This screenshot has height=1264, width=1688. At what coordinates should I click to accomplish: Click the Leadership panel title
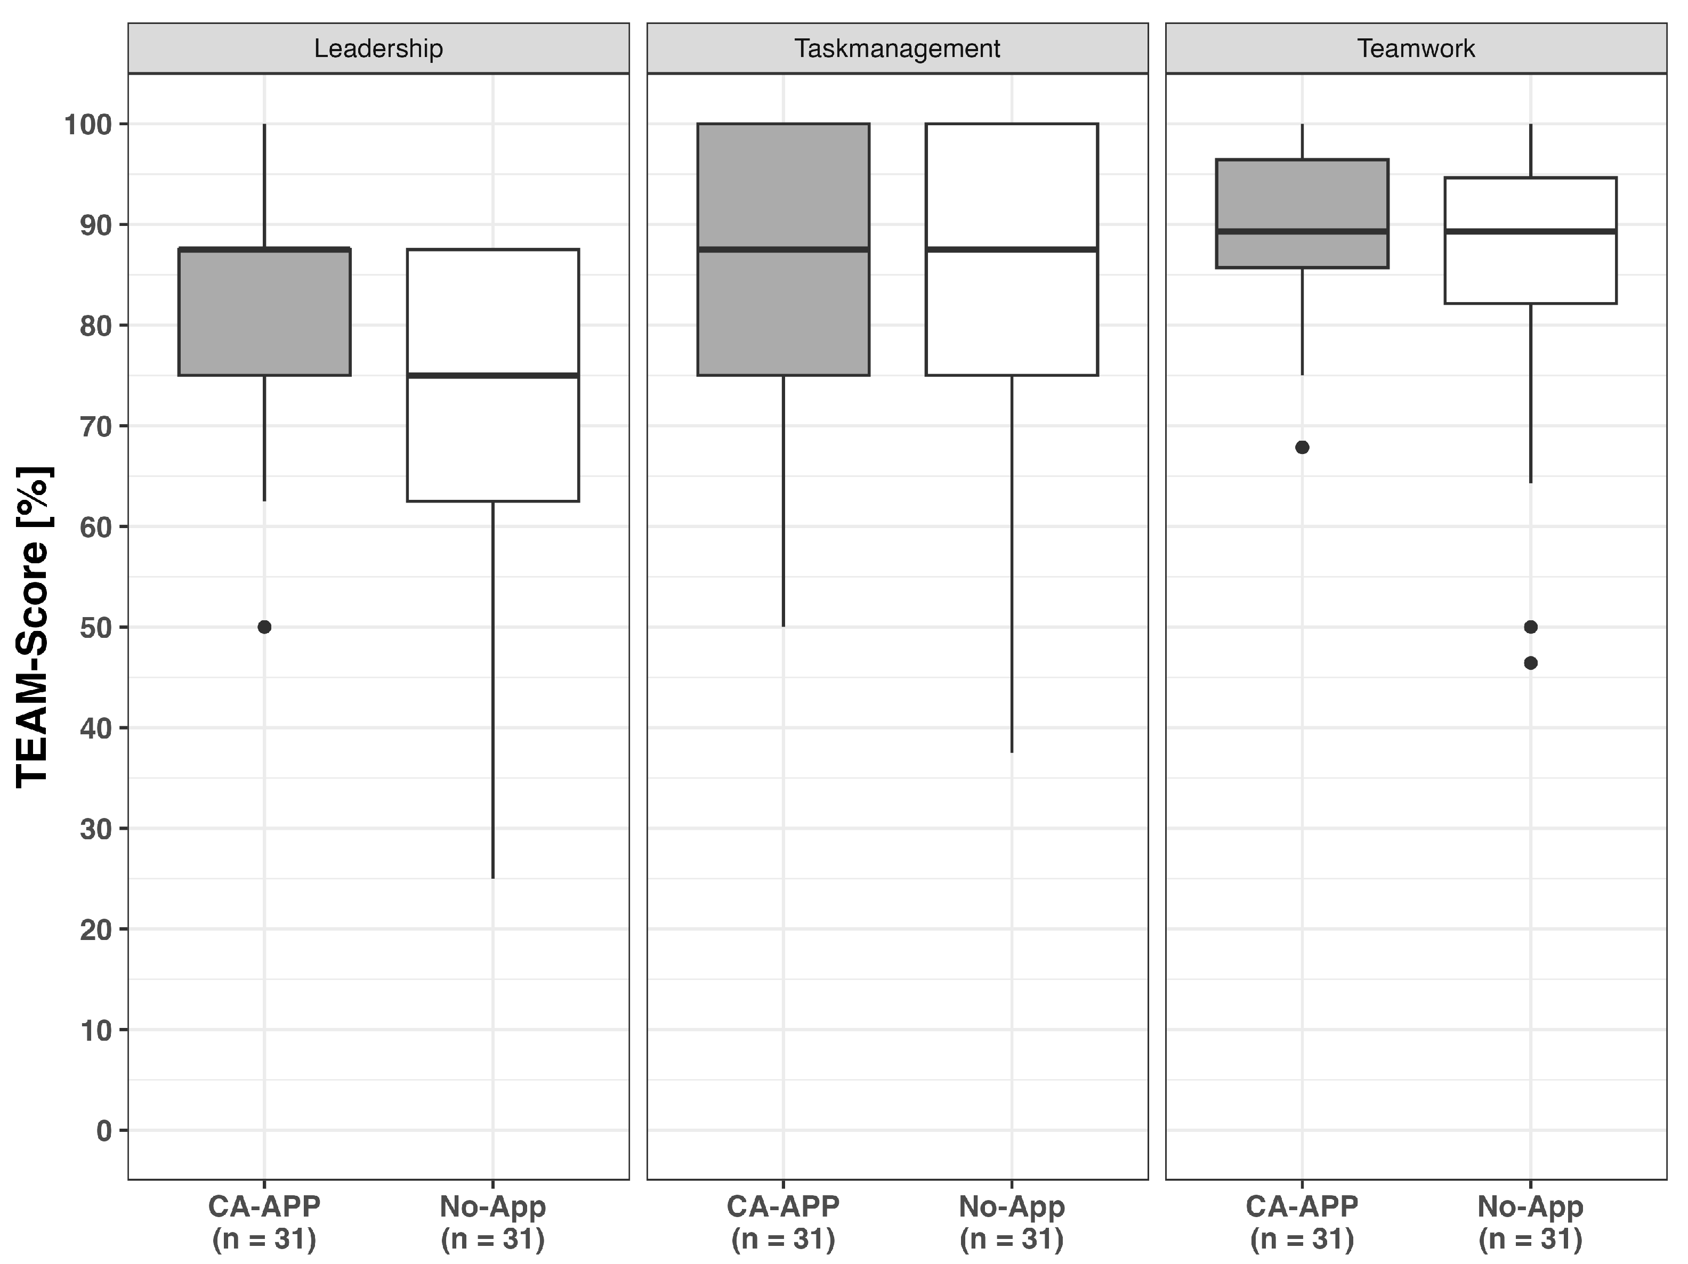point(378,49)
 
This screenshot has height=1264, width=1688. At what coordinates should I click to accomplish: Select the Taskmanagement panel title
point(898,49)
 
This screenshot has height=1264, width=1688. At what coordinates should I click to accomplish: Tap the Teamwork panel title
point(1416,49)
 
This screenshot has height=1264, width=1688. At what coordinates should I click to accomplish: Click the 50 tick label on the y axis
point(98,627)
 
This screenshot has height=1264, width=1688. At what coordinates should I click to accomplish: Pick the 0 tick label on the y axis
point(104,1130)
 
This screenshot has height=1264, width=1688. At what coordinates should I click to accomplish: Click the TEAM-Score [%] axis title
point(34,626)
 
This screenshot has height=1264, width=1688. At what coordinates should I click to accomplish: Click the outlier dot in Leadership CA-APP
point(264,627)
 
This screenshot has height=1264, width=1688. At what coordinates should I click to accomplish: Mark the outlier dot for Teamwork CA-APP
point(1302,447)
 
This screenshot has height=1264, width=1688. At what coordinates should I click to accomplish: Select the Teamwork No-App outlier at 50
point(1530,627)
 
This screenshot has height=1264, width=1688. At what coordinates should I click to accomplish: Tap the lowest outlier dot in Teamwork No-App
point(1530,663)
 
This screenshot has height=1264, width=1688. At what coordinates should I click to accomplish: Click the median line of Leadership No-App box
point(493,375)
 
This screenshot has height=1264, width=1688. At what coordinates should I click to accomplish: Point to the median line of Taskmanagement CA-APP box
point(783,249)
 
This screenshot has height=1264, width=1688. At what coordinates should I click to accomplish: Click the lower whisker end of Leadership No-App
point(493,878)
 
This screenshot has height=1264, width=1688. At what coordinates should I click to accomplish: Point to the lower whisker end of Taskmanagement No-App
point(1012,752)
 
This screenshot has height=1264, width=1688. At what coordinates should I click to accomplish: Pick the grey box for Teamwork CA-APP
point(1302,214)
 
